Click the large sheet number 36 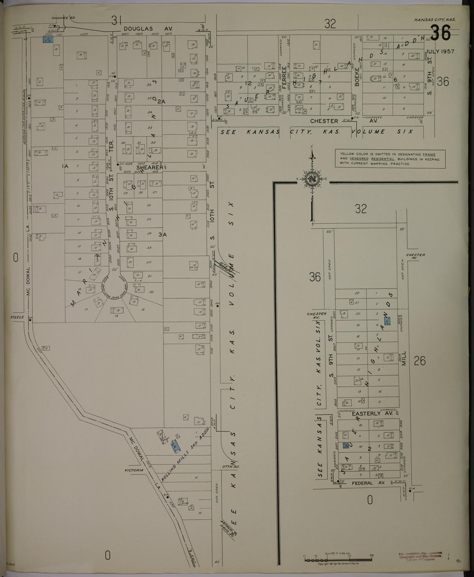[441, 34]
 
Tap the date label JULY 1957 [440, 52]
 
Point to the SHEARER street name [150, 167]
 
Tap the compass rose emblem [312, 179]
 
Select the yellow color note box [390, 158]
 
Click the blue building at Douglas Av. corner [48, 40]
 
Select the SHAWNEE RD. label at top [59, 18]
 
